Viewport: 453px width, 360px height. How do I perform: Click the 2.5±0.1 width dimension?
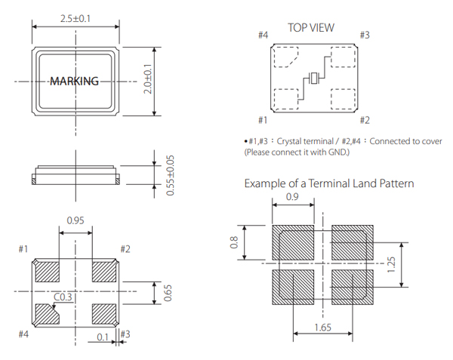tap(75, 18)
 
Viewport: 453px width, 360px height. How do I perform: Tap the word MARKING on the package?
tap(74, 82)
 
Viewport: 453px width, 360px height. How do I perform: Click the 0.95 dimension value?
tap(75, 221)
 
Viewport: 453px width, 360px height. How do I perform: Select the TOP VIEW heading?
tap(310, 28)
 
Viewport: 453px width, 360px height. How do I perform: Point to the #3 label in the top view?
tap(364, 35)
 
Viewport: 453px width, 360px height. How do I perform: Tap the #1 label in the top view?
tap(263, 120)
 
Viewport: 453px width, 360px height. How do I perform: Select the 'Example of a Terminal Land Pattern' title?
tap(328, 183)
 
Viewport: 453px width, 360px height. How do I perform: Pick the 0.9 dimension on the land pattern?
tap(293, 198)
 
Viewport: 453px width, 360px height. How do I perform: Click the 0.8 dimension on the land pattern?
tap(233, 242)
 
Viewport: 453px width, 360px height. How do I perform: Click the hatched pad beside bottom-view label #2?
tap(103, 269)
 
